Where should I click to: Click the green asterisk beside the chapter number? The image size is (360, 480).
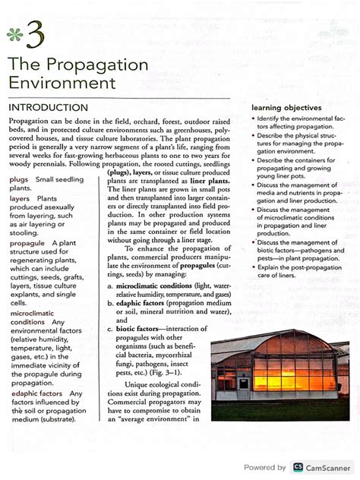(x=15, y=33)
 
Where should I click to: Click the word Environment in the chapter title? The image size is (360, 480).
(x=62, y=81)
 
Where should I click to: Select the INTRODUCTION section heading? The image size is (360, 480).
(x=49, y=108)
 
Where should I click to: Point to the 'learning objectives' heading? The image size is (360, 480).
(x=286, y=108)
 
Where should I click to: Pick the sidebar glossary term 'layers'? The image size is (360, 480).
(x=20, y=198)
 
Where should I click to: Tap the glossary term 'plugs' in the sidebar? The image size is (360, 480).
(x=19, y=180)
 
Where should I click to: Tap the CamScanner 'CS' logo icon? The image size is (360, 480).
(x=298, y=467)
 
